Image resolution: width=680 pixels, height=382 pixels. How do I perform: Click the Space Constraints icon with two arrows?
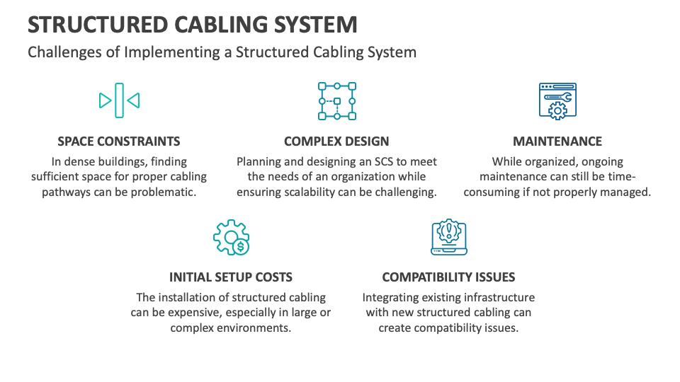tap(119, 100)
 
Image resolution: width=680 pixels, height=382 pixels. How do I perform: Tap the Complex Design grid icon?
tap(337, 101)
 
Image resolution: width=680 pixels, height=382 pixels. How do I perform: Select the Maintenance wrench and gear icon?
tap(557, 101)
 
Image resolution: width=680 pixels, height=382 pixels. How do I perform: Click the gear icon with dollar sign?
tap(231, 238)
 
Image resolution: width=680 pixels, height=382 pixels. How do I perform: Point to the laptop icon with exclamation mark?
tap(449, 237)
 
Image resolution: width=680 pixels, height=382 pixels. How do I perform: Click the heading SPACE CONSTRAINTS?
tap(119, 141)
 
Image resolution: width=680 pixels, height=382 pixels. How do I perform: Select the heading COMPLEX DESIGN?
tap(336, 141)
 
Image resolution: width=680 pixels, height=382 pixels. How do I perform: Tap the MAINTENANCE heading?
tap(557, 141)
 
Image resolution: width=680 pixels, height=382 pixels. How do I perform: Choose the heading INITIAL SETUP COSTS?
tap(231, 277)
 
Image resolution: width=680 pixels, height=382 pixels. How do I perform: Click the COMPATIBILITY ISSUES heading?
tap(448, 277)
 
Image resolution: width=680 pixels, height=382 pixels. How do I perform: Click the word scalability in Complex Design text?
tap(310, 192)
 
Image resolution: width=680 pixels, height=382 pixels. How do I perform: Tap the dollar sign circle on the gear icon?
tap(241, 247)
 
